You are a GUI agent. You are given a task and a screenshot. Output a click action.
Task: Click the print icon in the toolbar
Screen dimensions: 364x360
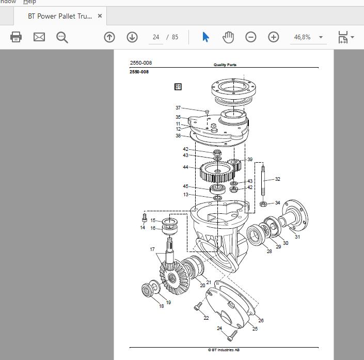pyautogui.click(x=16, y=37)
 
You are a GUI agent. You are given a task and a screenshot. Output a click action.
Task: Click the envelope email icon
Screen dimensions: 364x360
pyautogui.click(x=39, y=37)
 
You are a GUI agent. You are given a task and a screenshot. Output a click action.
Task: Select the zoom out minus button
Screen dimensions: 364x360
pyautogui.click(x=251, y=37)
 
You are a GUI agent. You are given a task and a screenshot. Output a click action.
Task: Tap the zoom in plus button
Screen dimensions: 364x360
pyautogui.click(x=274, y=37)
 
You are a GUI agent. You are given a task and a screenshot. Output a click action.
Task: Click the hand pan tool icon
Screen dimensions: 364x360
pyautogui.click(x=228, y=37)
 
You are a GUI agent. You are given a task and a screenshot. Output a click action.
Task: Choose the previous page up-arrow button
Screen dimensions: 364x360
pyautogui.click(x=109, y=37)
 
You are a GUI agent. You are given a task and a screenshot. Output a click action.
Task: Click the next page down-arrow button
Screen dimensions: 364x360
pyautogui.click(x=132, y=37)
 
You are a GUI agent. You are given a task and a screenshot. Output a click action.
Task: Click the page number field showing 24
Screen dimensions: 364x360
pyautogui.click(x=156, y=37)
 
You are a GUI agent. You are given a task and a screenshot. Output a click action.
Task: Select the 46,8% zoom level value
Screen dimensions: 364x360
pyautogui.click(x=302, y=37)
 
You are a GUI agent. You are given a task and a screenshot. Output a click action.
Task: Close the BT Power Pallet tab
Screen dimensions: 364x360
pyautogui.click(x=100, y=16)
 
